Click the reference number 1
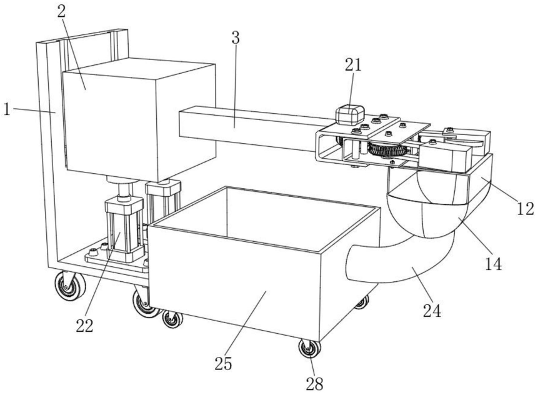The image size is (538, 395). [6, 109]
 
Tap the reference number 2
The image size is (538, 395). [61, 12]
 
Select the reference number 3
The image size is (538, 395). [235, 37]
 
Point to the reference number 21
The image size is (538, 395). [353, 64]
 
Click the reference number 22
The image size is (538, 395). [84, 326]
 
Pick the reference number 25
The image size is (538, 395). [223, 363]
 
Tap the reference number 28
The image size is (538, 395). [315, 384]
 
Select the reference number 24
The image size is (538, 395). [432, 311]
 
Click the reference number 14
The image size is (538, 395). [494, 264]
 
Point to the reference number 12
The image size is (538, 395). [526, 209]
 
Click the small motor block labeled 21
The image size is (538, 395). [349, 115]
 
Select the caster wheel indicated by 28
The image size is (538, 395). [309, 348]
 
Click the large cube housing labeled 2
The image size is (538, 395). [139, 120]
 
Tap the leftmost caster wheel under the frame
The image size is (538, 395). [70, 285]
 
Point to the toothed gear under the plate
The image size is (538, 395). [387, 151]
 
